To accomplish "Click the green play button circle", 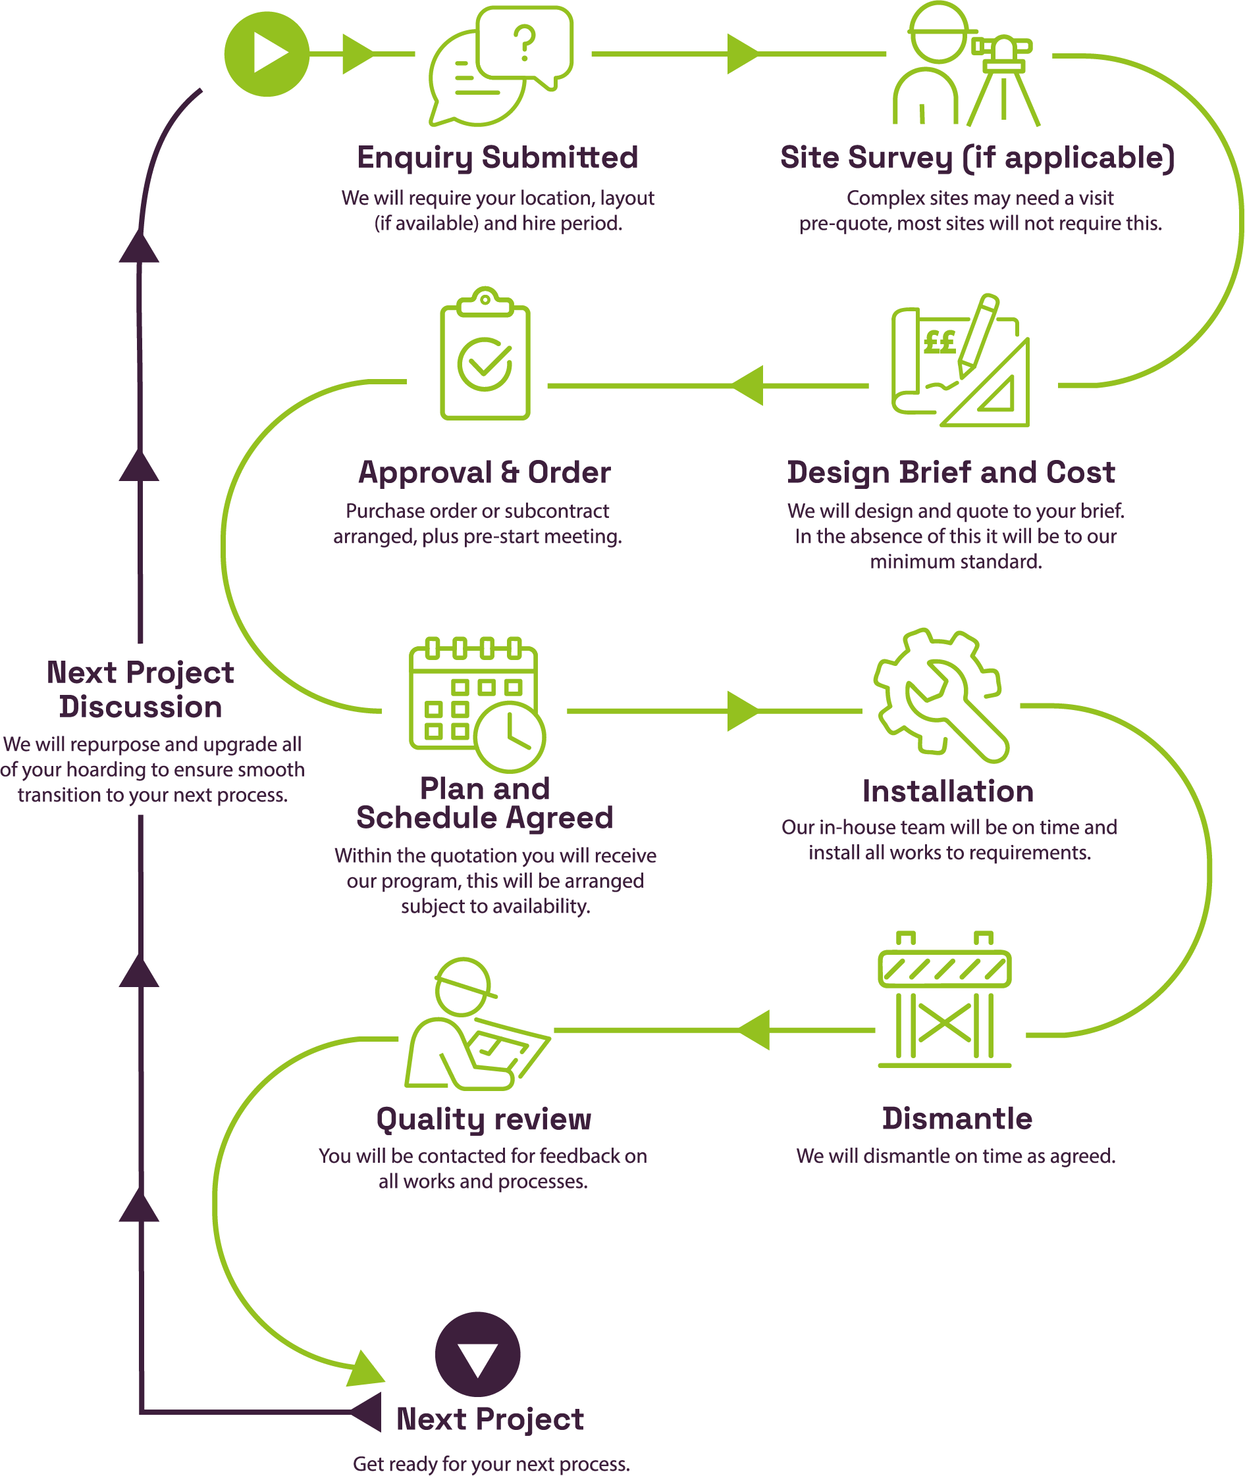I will point(267,53).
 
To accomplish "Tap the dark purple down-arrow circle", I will point(478,1354).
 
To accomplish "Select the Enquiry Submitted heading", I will point(498,157).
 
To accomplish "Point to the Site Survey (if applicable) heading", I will point(977,157).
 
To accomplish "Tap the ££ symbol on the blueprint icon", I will point(940,343).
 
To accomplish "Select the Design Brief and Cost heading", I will point(951,472).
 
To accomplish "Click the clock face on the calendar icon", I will point(510,736).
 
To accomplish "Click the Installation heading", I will point(948,791).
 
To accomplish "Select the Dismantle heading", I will point(957,1118).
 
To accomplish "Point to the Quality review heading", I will point(483,1118).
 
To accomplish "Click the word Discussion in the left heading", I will point(140,707).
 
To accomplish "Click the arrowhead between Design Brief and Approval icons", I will point(748,385).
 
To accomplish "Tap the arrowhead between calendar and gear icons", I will point(743,711).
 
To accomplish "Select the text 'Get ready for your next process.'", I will point(491,1463).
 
